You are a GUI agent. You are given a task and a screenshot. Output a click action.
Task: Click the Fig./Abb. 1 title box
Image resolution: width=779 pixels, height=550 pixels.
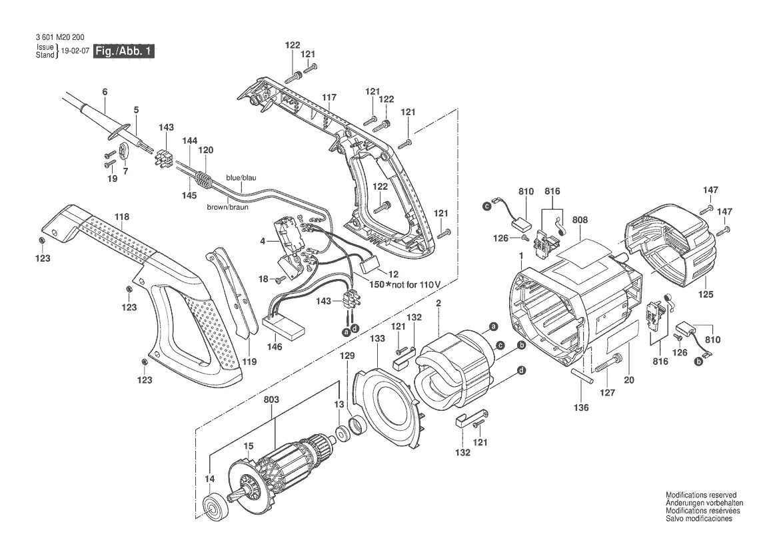[x=124, y=51]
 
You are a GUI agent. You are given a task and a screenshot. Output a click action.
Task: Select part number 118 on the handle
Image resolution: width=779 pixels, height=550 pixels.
[x=122, y=217]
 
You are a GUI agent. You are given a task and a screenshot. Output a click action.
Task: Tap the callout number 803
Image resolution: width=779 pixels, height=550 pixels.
[x=271, y=400]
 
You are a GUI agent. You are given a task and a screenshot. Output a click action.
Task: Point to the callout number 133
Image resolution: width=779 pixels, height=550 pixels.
[x=378, y=338]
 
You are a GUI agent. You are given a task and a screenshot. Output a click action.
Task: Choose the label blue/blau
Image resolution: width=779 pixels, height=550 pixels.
[x=241, y=178]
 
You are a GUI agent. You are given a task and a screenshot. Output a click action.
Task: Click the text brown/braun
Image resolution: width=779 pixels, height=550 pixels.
[x=227, y=207]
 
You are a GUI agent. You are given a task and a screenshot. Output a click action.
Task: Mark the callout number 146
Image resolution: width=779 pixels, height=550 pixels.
[x=275, y=346]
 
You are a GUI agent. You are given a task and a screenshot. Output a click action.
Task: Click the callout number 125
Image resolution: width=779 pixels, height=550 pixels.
[x=706, y=294]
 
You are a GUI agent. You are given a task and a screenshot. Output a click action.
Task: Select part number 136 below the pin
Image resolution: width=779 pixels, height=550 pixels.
[x=581, y=408]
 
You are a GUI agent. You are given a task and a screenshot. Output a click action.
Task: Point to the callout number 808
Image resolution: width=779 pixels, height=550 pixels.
[x=580, y=220]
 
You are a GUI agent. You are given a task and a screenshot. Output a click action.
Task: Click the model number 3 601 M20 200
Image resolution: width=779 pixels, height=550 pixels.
[x=59, y=37]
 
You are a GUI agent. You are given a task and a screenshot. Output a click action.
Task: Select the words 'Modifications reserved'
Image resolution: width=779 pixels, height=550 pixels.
[x=701, y=495]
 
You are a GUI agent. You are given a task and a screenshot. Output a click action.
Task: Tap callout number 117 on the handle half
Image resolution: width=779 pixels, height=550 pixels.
[x=329, y=98]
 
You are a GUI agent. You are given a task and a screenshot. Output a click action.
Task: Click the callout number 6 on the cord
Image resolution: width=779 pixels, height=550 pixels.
[x=105, y=92]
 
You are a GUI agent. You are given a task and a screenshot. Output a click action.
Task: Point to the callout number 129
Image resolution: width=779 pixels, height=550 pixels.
[x=347, y=356]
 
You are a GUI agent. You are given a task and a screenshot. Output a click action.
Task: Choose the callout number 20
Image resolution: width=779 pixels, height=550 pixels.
[x=629, y=380]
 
